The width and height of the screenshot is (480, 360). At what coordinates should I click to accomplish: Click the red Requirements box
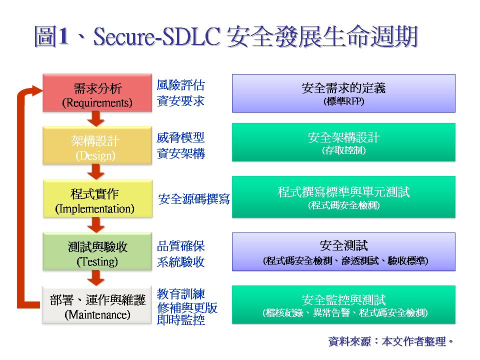tap(97, 93)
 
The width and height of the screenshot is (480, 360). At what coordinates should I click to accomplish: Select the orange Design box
tap(97, 145)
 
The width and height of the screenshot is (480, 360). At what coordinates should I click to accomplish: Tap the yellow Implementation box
tap(97, 198)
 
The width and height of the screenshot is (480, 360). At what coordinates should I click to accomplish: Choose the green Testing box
tap(97, 251)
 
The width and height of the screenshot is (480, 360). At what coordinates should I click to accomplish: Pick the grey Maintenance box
tap(97, 304)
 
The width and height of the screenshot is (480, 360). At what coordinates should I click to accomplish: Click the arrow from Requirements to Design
tap(96, 119)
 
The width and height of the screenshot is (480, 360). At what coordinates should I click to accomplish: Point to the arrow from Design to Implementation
tap(96, 171)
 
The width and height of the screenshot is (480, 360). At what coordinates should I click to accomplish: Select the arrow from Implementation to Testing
tap(96, 225)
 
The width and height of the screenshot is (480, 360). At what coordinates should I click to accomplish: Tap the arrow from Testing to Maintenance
tap(96, 278)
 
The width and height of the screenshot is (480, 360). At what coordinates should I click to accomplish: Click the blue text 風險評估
tap(180, 85)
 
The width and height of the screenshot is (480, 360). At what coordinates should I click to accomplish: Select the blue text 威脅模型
tap(180, 138)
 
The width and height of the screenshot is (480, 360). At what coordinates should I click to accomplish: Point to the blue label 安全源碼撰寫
tap(194, 199)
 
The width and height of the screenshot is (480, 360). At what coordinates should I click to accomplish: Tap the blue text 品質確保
tap(180, 246)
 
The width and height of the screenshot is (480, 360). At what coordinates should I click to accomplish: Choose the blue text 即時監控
tap(180, 320)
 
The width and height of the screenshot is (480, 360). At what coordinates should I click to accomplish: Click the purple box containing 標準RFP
tap(343, 93)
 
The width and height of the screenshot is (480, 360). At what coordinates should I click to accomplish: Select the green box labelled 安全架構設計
tap(343, 142)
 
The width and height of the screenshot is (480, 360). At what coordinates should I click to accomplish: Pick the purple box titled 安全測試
tap(343, 251)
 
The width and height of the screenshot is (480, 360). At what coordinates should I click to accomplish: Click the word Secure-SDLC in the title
tap(156, 36)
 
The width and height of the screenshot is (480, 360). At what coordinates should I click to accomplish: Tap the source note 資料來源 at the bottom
tap(349, 341)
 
